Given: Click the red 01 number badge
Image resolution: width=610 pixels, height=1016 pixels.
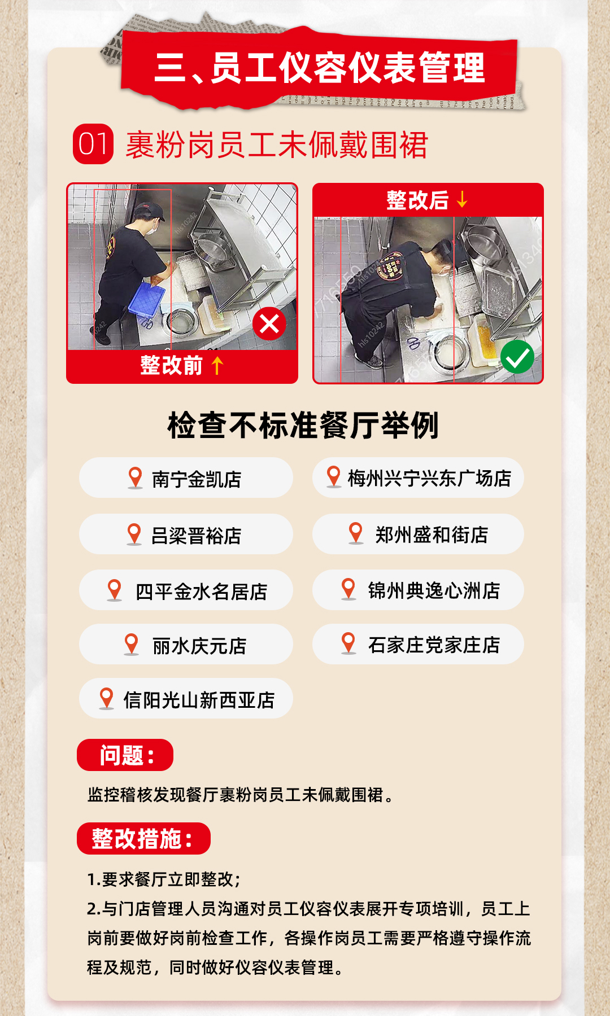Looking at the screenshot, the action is point(93,144).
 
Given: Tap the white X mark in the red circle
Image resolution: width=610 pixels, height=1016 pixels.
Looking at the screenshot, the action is point(269,324).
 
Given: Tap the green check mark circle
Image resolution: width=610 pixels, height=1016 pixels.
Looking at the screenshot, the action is point(517,357).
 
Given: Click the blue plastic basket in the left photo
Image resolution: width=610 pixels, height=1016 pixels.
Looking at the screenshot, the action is point(146,299).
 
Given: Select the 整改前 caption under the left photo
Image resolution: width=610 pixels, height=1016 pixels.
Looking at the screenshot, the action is point(171,365).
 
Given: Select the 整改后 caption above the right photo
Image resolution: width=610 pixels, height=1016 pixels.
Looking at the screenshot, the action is point(417,200).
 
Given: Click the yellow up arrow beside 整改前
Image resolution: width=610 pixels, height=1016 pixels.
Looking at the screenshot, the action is point(217,365).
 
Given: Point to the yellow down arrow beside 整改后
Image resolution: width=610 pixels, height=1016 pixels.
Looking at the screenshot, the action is point(462,199).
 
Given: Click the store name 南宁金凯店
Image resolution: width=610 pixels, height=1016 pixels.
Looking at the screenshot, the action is point(197,479).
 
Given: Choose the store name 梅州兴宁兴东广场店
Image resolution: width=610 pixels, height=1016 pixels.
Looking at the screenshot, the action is point(429,478).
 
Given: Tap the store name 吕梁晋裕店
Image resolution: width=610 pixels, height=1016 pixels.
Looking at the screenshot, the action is point(196,535).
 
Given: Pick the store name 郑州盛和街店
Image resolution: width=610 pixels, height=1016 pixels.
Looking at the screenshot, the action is point(432,535).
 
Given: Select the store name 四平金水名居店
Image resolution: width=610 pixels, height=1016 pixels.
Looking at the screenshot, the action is point(201,591).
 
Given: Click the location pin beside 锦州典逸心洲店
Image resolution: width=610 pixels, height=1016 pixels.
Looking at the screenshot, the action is point(348,589).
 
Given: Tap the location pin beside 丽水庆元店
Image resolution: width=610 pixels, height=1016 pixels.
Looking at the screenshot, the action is point(131,645).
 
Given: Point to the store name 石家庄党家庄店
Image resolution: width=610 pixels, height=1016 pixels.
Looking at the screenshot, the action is point(434,645).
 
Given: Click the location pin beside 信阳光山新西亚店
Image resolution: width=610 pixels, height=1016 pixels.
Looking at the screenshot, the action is point(106,699).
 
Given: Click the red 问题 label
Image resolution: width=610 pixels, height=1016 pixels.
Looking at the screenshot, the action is point(125,755).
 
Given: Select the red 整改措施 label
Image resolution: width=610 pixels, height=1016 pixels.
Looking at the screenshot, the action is point(143,838).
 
